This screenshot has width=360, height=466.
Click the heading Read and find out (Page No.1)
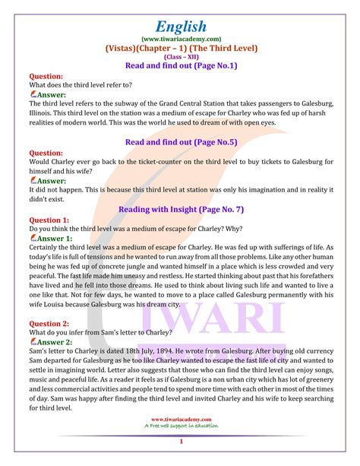(x=181, y=66)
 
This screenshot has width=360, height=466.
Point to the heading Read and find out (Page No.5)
(x=181, y=141)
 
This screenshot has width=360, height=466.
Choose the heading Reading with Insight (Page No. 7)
(x=181, y=208)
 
